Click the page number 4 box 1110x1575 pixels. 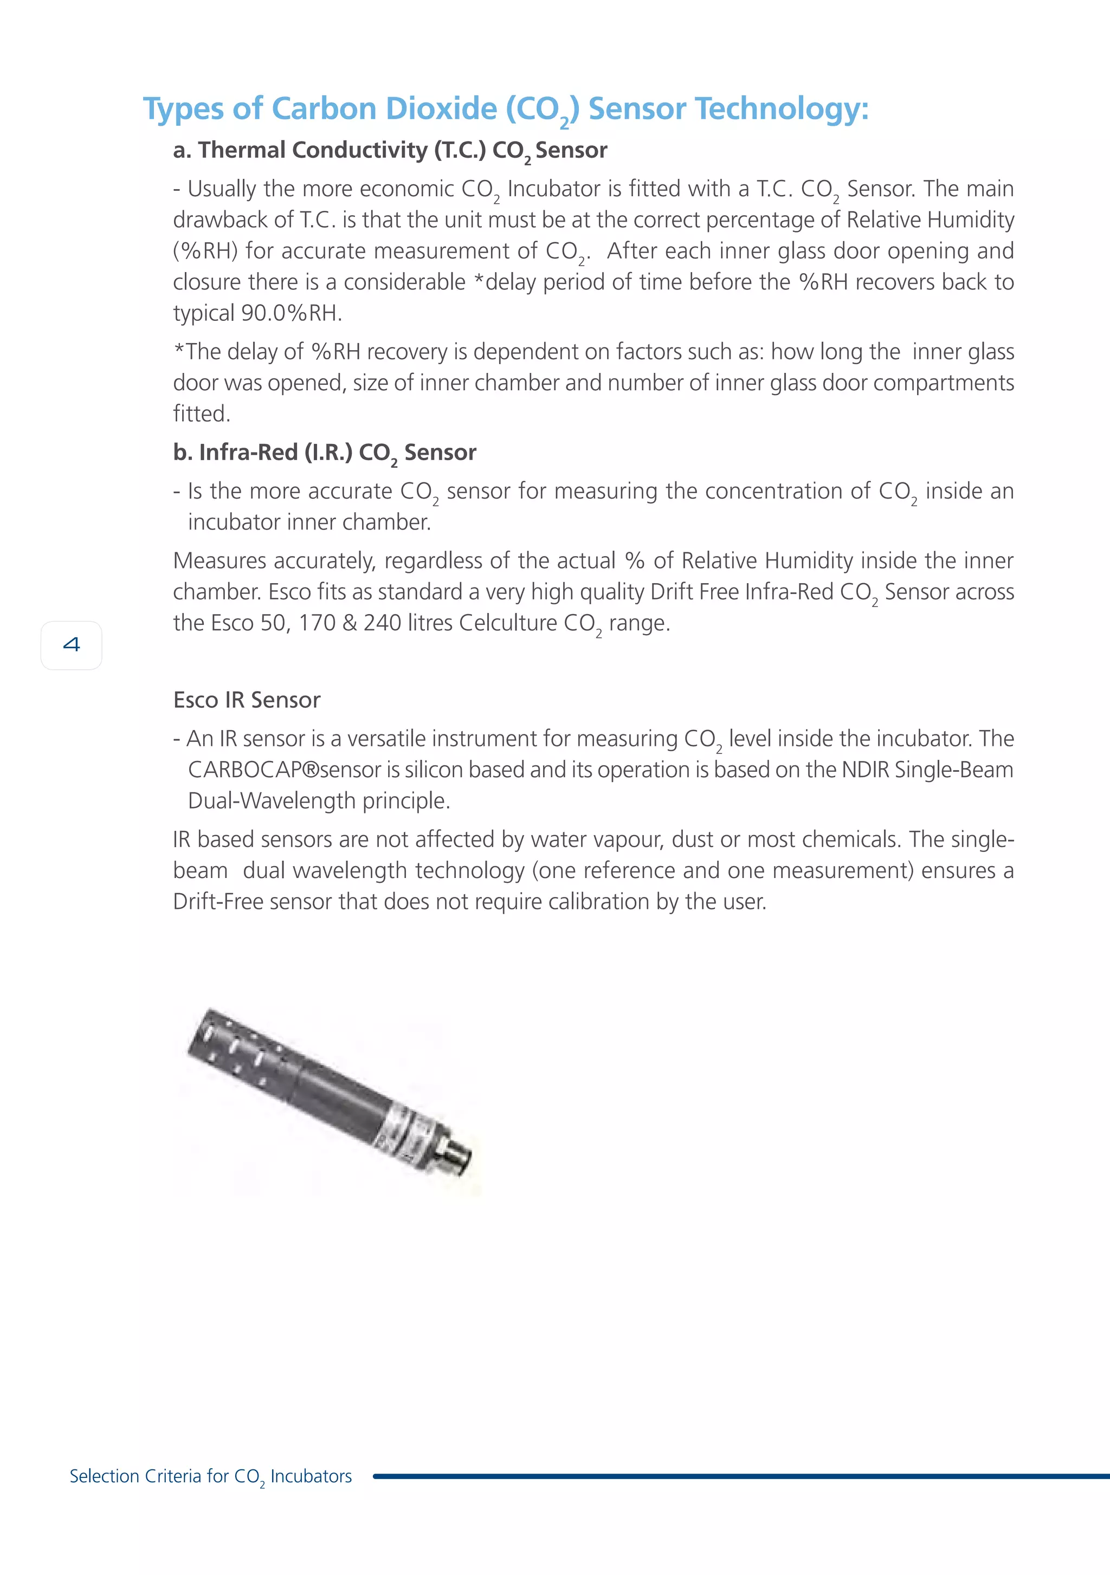(x=72, y=645)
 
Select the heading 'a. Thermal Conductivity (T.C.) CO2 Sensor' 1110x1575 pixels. (x=390, y=150)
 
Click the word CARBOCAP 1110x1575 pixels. (x=245, y=770)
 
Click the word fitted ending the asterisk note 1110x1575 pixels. (x=201, y=414)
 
